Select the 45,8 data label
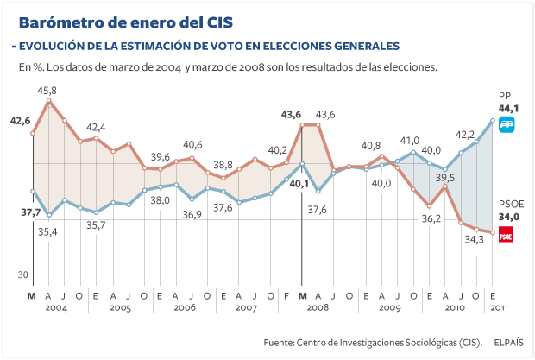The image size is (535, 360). pyautogui.click(x=47, y=90)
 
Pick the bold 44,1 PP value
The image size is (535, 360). pyautogui.click(x=508, y=108)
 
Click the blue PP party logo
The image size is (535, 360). pyautogui.click(x=507, y=124)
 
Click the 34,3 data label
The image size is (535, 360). pyautogui.click(x=474, y=240)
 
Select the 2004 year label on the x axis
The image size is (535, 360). pyautogui.click(x=56, y=307)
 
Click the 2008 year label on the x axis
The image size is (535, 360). pyautogui.click(x=317, y=307)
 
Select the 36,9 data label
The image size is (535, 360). pyautogui.click(x=191, y=214)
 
